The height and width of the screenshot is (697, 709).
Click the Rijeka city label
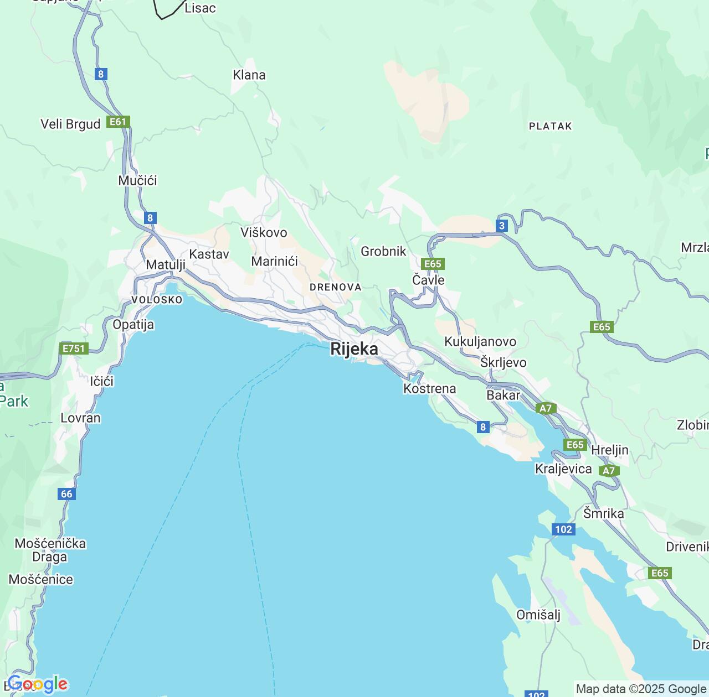coord(354,349)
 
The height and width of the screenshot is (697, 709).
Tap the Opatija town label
coord(133,325)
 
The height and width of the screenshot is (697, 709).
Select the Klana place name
coord(249,75)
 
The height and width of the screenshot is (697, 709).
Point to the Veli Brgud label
coord(70,124)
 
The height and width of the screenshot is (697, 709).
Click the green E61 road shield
coord(118,122)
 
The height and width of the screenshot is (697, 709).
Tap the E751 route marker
coord(74,348)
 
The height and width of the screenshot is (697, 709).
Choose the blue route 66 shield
coord(66,494)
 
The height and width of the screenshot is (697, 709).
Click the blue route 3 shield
coord(502,225)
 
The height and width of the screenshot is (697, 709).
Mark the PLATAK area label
coord(550,126)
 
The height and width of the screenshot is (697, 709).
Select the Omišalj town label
coord(538,615)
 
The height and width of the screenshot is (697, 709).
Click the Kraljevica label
coord(563,469)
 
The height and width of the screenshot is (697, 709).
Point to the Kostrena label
coord(430,389)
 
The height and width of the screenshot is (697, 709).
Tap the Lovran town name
coord(80,418)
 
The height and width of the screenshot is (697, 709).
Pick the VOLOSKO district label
coord(157,300)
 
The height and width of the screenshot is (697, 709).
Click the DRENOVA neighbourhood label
coord(336,287)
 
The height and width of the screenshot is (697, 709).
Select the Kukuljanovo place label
coord(480,342)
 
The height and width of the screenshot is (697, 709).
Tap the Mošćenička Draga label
coord(50,550)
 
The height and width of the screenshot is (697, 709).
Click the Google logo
coord(38,684)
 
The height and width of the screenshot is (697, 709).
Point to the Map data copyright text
coord(641,689)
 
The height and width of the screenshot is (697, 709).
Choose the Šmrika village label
coord(603,514)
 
